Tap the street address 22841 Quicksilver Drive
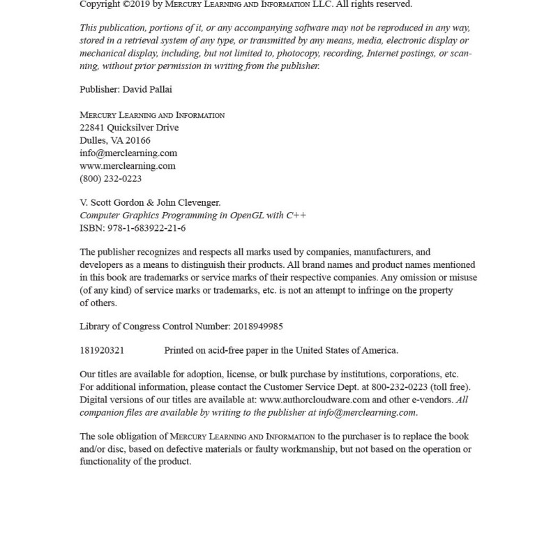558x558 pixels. pos(129,128)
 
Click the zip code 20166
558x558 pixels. pos(138,140)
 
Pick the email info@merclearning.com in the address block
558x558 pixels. pos(128,153)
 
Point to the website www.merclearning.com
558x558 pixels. pos(128,166)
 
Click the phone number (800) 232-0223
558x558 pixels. pos(111,179)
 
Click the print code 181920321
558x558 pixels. pos(102,350)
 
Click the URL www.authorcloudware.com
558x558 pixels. pos(315,400)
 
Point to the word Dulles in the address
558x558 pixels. pos(93,140)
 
